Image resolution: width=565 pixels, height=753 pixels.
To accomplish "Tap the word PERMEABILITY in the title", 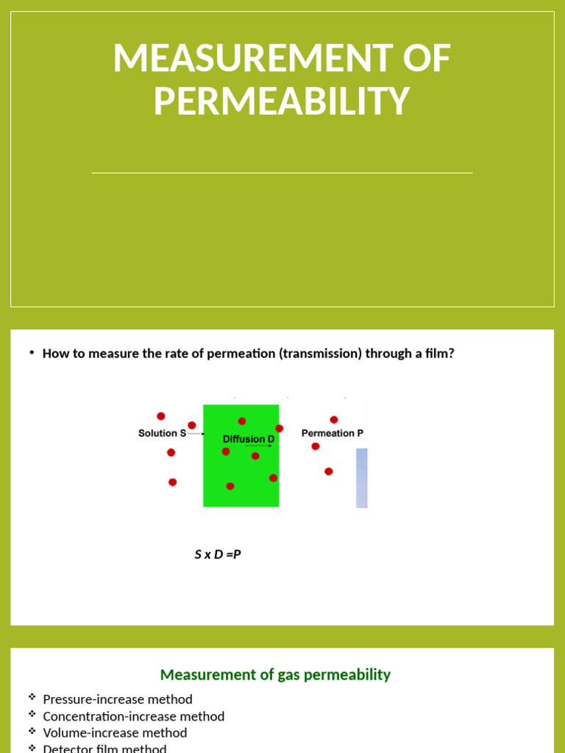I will click(x=281, y=101).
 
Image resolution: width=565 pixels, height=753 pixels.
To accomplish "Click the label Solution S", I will click(x=162, y=433).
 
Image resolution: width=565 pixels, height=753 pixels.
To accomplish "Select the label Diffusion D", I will click(x=249, y=439).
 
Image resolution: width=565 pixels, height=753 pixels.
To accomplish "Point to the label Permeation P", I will click(x=333, y=433).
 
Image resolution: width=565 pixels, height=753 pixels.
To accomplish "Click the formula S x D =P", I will click(x=218, y=554).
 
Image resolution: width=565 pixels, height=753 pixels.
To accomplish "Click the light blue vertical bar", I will click(x=361, y=478).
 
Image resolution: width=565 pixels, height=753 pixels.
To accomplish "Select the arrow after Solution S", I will click(x=196, y=434).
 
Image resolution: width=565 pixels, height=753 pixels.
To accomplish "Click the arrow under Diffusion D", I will click(x=258, y=446).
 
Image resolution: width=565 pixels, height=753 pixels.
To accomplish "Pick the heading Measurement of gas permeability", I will click(x=275, y=674).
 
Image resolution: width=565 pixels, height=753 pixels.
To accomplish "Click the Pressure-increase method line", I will click(x=118, y=699).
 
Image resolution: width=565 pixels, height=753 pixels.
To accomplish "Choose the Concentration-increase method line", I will click(x=134, y=716).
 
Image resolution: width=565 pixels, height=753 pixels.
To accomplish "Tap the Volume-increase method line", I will click(x=115, y=732).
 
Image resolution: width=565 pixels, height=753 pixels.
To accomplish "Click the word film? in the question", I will click(x=440, y=353).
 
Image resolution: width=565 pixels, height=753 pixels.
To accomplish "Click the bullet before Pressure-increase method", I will click(x=32, y=696).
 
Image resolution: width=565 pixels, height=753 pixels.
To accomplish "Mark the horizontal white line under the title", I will click(x=282, y=173).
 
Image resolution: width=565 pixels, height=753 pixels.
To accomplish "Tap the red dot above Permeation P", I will click(x=334, y=420).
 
